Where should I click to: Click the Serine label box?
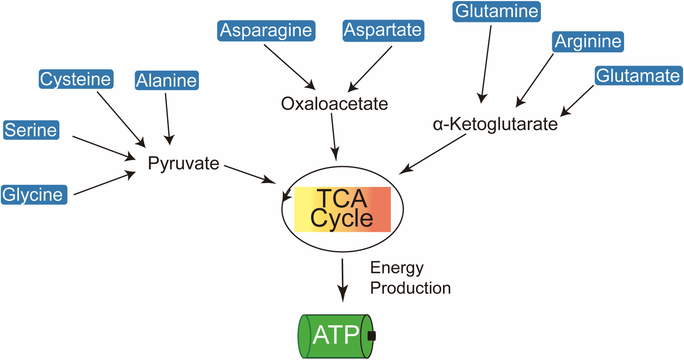[x=31, y=130]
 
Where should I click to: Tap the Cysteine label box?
[x=75, y=79]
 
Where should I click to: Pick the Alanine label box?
[x=166, y=81]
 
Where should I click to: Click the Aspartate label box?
[x=383, y=30]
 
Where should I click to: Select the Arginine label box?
[x=588, y=41]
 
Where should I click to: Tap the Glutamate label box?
[x=638, y=75]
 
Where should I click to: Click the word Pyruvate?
[x=184, y=164]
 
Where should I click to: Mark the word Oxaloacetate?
[x=335, y=104]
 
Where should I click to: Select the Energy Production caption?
[x=410, y=278]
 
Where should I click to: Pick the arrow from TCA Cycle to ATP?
[x=343, y=279]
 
